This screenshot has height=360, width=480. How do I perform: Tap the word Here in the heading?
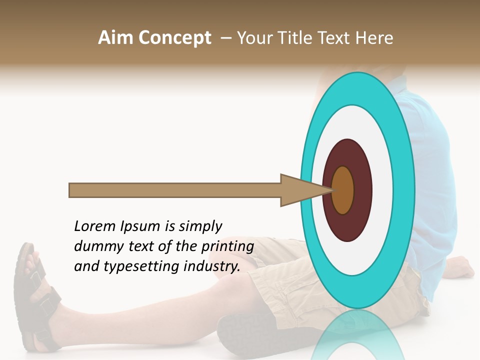[x=374, y=38]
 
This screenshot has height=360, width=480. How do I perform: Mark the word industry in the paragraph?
[x=210, y=266]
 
